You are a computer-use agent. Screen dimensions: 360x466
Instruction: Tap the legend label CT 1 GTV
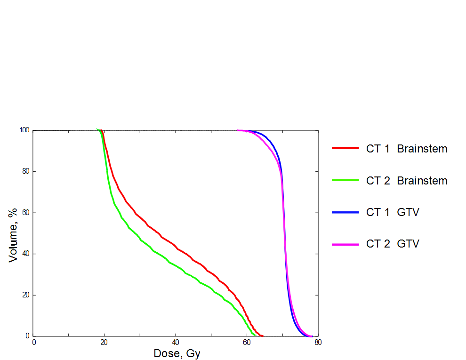click(x=393, y=212)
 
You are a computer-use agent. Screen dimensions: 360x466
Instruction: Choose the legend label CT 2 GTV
click(x=393, y=244)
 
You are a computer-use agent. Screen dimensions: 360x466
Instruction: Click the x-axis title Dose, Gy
click(x=177, y=353)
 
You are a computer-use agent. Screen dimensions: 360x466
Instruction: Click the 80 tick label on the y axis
click(x=26, y=171)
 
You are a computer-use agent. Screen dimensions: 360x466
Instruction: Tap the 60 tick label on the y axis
click(x=26, y=213)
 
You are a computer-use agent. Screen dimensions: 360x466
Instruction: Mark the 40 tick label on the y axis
click(x=26, y=254)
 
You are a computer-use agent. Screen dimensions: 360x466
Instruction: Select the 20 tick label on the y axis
click(x=26, y=295)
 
